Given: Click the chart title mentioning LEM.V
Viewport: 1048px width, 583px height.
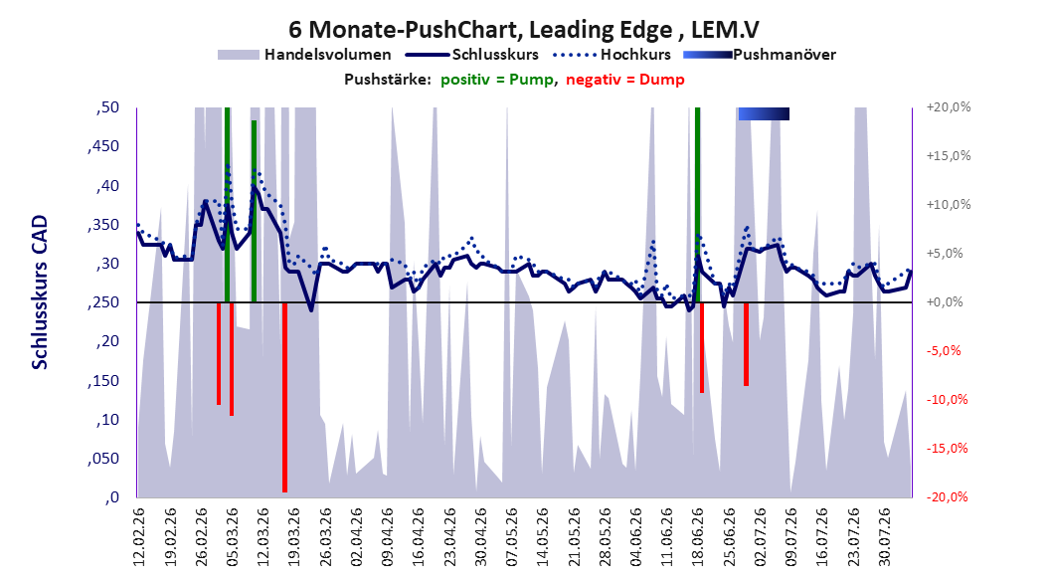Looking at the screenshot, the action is tap(523, 30).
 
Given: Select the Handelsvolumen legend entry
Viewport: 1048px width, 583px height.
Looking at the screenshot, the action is tap(304, 55).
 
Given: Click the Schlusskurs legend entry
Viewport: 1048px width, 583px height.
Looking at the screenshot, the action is tap(471, 55).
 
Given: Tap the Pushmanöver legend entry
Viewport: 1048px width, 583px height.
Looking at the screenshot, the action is tap(760, 55).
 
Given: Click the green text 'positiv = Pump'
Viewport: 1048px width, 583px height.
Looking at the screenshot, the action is tap(496, 80).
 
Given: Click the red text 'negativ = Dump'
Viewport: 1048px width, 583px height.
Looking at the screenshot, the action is tap(625, 80).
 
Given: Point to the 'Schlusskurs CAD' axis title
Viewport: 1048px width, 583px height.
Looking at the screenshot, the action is tap(40, 291).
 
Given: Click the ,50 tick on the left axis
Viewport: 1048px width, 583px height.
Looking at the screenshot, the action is tap(107, 107).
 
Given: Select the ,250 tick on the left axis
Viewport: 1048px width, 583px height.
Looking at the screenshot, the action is tap(103, 302).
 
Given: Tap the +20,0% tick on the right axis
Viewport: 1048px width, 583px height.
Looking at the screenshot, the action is tap(949, 107).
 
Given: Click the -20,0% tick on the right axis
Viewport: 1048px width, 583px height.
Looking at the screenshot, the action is tap(947, 496).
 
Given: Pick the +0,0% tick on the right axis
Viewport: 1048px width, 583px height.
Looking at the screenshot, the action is tap(945, 302).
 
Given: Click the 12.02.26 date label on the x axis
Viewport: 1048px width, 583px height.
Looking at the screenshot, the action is tap(139, 537).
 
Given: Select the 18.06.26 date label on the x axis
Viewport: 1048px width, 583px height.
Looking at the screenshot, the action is tap(698, 537).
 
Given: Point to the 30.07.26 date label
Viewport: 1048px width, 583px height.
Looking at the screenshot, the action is tap(884, 537).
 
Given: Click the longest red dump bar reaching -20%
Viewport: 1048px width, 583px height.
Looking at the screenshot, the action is tap(284, 397).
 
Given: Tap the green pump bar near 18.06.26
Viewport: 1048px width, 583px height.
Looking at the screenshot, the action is tap(698, 205).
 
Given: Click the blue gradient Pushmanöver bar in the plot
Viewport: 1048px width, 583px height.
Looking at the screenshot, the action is tap(764, 113).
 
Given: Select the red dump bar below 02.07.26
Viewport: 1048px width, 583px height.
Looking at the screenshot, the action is tap(746, 344).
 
